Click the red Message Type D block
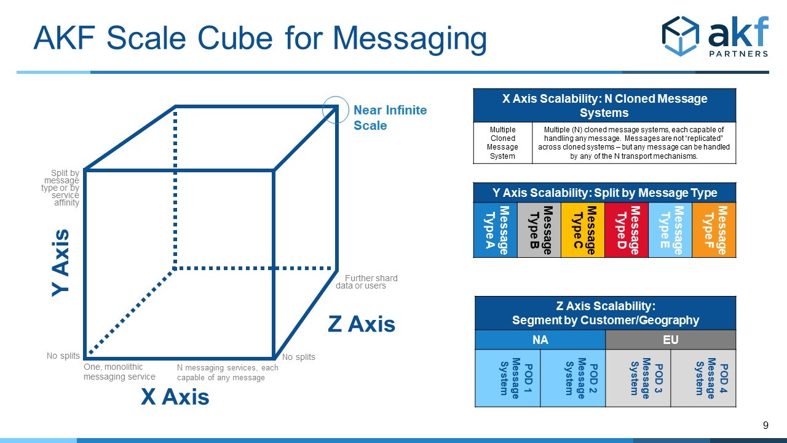(x=627, y=230)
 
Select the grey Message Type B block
(x=539, y=230)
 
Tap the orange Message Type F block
(x=714, y=230)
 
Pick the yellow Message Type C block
(x=583, y=230)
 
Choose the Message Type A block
(x=496, y=230)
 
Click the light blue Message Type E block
(x=670, y=230)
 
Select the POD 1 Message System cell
(x=508, y=378)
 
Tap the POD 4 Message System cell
(x=703, y=378)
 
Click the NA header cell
(x=540, y=340)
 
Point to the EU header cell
(x=670, y=340)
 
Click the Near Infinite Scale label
(x=390, y=118)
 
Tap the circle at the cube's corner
(x=336, y=97)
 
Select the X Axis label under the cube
(x=175, y=397)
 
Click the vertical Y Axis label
(x=60, y=263)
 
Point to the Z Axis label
(x=362, y=324)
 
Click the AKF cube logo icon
(x=681, y=36)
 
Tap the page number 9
(x=765, y=425)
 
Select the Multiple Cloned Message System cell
(x=502, y=143)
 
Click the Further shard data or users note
(x=366, y=282)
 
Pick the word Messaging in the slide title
(x=409, y=39)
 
